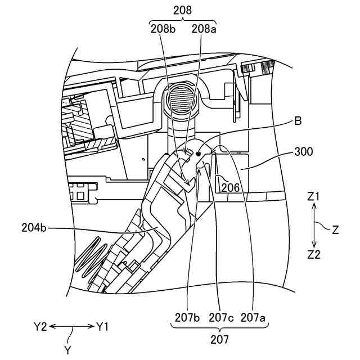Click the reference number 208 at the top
tap(182, 10)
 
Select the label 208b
tap(161, 28)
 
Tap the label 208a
tap(203, 28)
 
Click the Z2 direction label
tap(314, 254)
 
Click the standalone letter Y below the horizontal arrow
tap(67, 349)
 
